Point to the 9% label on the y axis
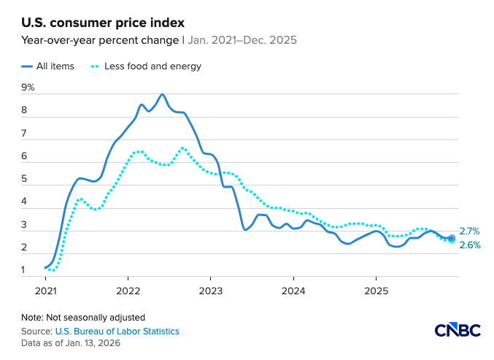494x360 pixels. coord(28,88)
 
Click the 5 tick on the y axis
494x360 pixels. coord(25,179)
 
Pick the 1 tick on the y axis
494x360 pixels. coord(25,270)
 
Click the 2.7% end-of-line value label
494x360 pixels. coord(469,231)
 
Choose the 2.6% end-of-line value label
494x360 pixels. coord(469,245)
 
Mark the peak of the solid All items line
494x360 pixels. coord(162,94)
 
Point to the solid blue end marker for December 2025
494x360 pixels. coord(452,238)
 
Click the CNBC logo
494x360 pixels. coord(458,330)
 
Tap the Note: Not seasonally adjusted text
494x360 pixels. coord(83,318)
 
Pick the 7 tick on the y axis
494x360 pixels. coord(25,134)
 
